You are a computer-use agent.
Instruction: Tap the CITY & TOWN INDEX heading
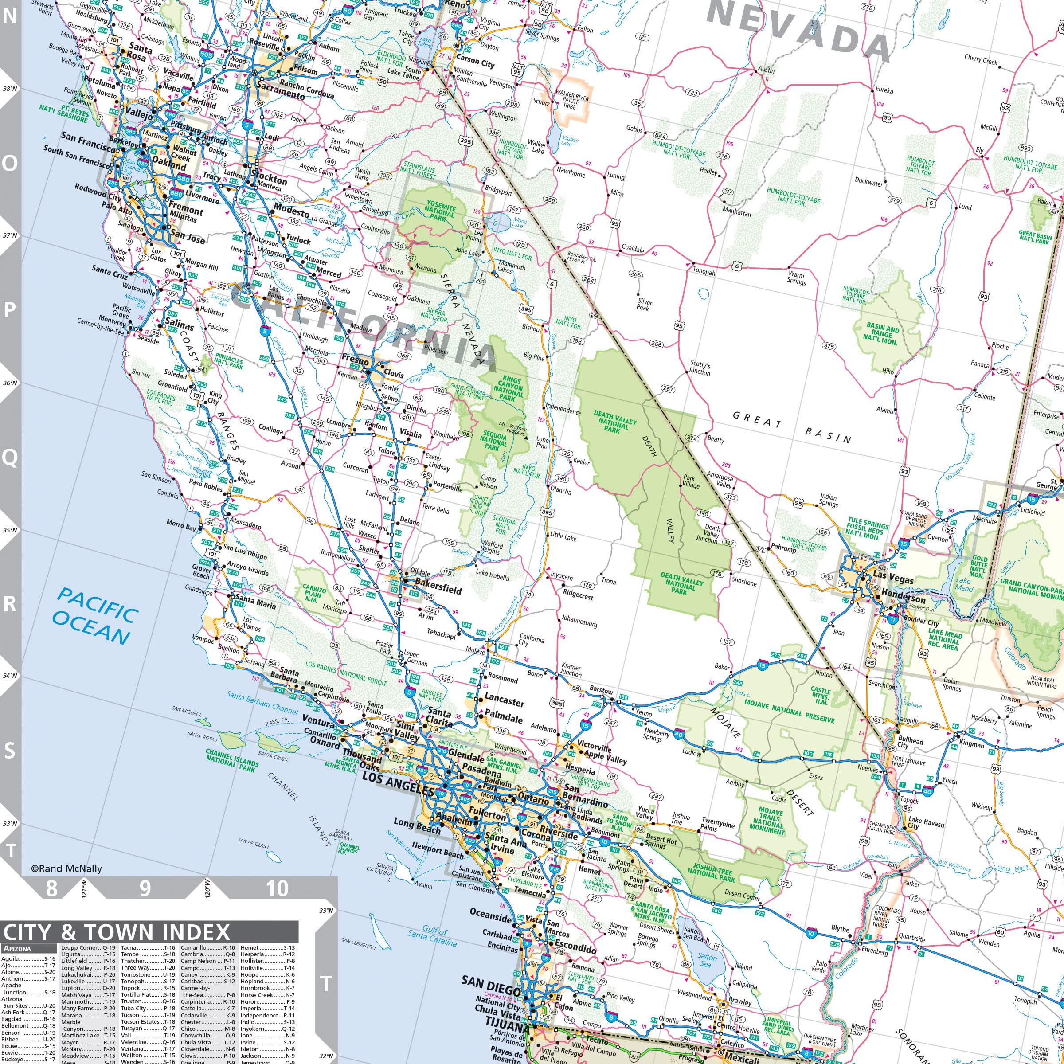click(116, 932)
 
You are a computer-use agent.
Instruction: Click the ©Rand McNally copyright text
click(66, 868)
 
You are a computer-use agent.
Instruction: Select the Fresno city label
click(355, 359)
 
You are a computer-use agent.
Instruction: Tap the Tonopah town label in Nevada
click(704, 271)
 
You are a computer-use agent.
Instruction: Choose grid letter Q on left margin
click(10, 457)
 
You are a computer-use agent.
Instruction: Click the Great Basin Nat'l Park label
click(1035, 237)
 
